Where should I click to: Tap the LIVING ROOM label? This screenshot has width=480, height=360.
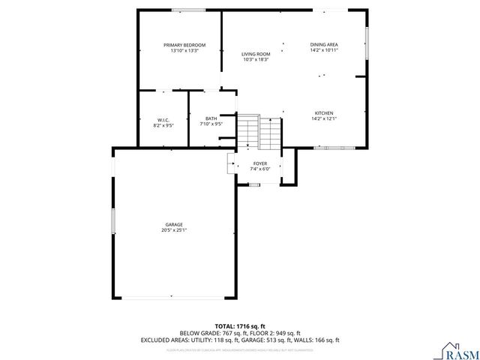[255, 54]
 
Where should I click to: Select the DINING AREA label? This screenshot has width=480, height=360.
[324, 45]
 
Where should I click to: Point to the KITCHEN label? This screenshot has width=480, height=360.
[323, 112]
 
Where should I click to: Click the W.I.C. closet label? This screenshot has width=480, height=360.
[163, 120]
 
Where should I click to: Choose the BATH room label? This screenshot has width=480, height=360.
[211, 118]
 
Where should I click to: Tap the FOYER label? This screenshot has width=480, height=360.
[259, 163]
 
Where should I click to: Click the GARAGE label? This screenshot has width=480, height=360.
[174, 224]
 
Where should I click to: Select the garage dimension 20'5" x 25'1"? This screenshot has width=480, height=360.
[174, 230]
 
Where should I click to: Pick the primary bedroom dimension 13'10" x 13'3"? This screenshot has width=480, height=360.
[184, 51]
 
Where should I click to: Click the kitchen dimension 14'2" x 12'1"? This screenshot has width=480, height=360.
[323, 118]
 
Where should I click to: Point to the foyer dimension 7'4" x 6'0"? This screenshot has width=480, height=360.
[259, 169]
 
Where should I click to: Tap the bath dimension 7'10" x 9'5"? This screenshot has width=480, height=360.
[211, 124]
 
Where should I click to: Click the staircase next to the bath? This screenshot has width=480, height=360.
[259, 133]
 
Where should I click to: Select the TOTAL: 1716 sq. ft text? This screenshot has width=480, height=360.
[239, 326]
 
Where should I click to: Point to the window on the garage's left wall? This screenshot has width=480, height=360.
[113, 221]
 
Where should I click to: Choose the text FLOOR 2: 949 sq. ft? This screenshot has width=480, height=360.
[274, 333]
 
